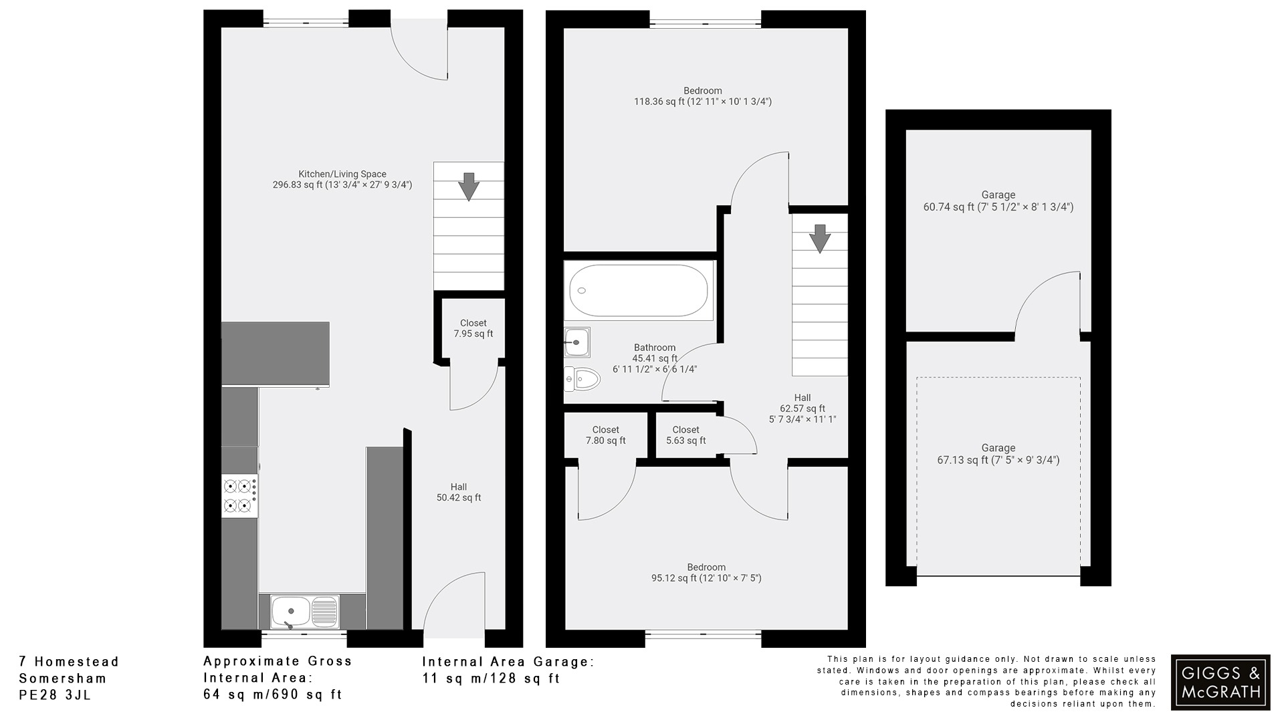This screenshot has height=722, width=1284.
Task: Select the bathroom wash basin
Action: (576, 342)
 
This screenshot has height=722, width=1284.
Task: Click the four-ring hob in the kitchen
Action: (240, 495)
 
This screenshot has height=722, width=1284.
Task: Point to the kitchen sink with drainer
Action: (305, 611)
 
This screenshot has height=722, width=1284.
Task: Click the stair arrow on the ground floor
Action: (469, 186)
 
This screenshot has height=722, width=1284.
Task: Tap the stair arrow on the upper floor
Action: (819, 238)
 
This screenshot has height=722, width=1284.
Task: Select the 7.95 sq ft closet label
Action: (473, 328)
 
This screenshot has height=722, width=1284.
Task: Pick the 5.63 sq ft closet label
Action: (685, 435)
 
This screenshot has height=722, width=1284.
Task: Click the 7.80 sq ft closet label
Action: (605, 435)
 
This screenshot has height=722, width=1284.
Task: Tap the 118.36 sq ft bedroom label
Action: (702, 96)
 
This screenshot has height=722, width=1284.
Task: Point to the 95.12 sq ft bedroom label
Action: (706, 573)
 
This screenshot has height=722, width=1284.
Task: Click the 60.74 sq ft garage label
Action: (998, 201)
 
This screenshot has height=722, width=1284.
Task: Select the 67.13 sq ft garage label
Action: (998, 454)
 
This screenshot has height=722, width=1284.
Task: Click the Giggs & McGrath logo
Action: (1220, 682)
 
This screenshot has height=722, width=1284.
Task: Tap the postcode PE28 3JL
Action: (55, 695)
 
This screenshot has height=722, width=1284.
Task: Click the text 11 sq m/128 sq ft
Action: (491, 679)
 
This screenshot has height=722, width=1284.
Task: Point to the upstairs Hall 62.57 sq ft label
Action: (802, 408)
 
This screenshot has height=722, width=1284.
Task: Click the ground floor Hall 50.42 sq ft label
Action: (458, 492)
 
